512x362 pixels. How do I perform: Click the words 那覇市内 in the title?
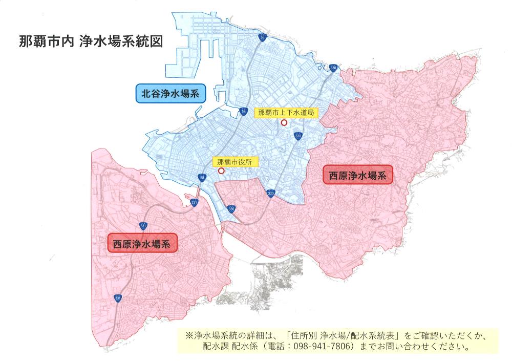click(47, 42)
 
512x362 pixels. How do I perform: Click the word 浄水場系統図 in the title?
click(121, 42)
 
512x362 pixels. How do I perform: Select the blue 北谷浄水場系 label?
click(170, 94)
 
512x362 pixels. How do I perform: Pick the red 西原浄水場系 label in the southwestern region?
click(142, 243)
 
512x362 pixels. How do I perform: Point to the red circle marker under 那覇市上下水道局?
click(284, 123)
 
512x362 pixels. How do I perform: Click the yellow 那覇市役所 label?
click(236, 161)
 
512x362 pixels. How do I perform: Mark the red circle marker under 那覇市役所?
click(221, 171)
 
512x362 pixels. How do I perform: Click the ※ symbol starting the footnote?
click(188, 336)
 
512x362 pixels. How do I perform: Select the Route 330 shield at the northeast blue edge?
click(333, 67)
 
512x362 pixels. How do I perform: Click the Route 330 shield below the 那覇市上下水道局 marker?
click(298, 136)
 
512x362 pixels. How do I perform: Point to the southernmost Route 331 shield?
click(118, 298)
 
